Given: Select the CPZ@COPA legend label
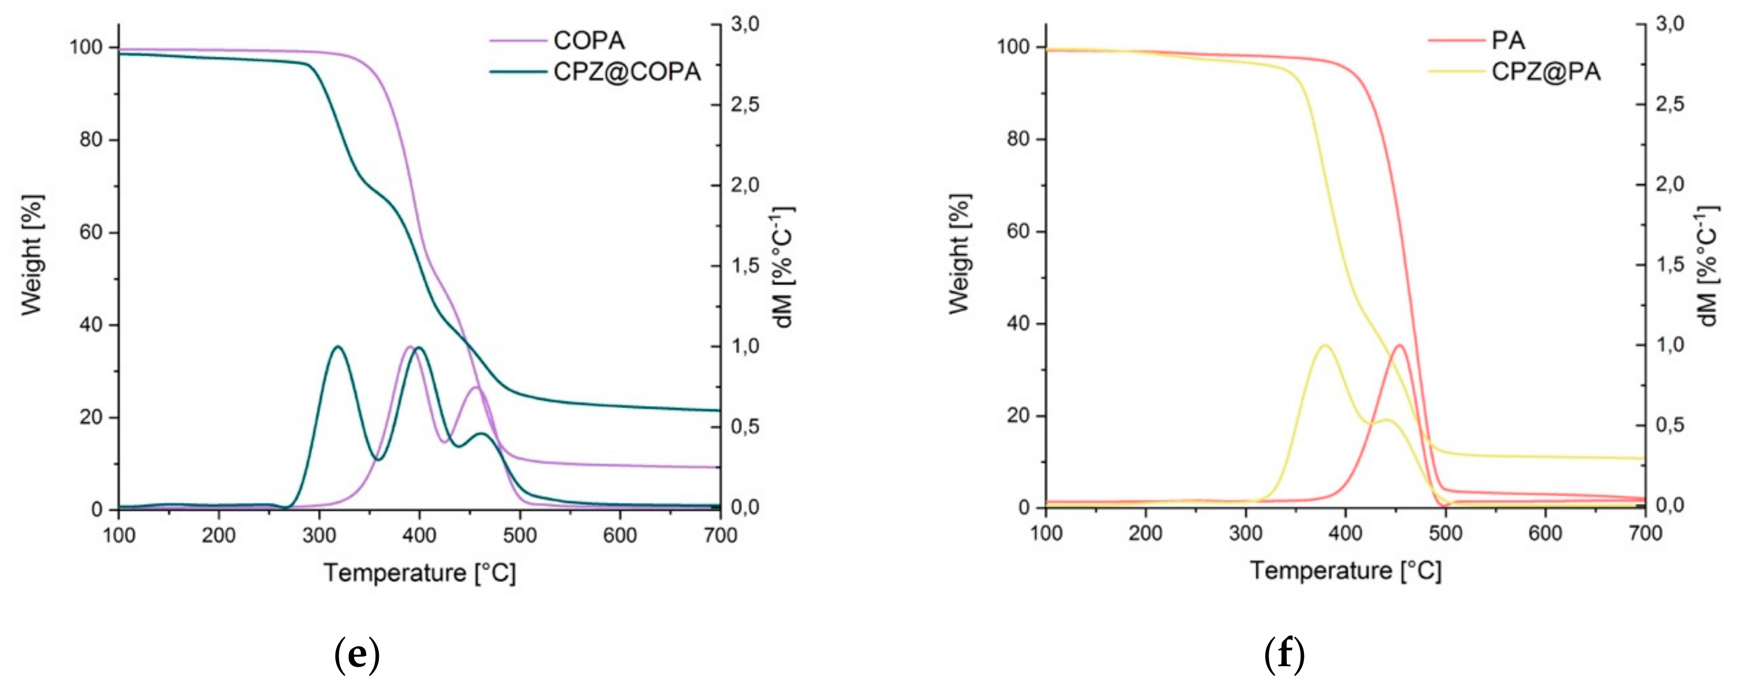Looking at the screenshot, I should [x=626, y=72].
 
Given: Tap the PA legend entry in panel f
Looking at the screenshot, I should [x=1508, y=41].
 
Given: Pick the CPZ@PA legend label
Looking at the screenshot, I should [x=1545, y=72].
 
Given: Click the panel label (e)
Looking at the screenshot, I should [x=357, y=654].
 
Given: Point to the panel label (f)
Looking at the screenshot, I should [x=1284, y=654].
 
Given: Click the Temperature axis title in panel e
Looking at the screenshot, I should [x=419, y=573].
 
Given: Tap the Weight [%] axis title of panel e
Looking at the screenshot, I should [x=32, y=255].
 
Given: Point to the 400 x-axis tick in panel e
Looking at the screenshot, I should [x=419, y=535].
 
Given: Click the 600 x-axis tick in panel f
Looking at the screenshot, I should [x=1545, y=533].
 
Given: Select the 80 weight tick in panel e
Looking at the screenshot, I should [x=91, y=140].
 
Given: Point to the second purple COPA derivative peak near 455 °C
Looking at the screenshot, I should [x=476, y=387].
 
